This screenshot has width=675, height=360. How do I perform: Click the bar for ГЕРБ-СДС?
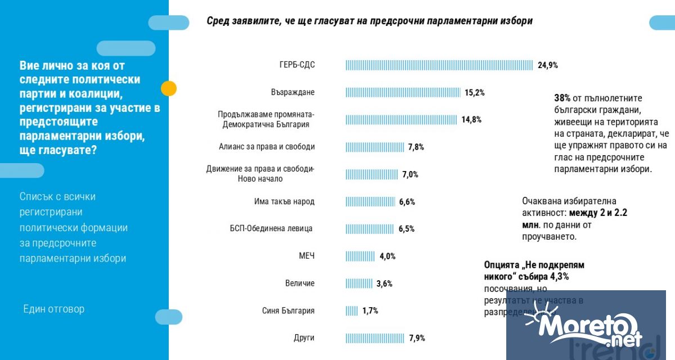point(439,65)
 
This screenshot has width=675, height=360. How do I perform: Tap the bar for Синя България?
point(352,310)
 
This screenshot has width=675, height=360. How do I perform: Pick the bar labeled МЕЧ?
point(360,256)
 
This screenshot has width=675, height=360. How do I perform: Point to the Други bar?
point(375,338)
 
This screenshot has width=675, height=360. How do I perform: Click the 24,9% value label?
point(547,65)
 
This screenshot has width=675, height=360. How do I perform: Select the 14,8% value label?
point(471,119)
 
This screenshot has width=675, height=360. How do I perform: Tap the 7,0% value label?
point(410,174)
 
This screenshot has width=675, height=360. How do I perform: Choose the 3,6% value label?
point(384,283)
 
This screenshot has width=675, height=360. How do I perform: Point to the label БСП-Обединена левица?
point(271,228)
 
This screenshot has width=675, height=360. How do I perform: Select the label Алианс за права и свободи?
point(267,147)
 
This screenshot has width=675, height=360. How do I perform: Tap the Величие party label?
point(300,283)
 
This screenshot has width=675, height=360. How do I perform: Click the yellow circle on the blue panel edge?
point(168,88)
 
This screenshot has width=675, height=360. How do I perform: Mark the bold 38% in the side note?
point(563,98)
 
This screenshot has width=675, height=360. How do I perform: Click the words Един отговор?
point(54,309)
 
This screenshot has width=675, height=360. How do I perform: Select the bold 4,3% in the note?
point(557,276)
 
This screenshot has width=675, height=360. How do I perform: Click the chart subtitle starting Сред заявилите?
point(370,21)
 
